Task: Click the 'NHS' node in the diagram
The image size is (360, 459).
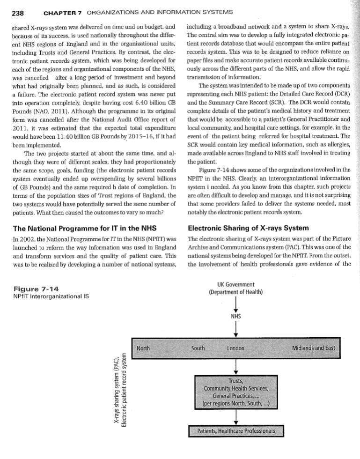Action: [x=236, y=316]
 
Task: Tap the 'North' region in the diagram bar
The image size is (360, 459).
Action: [x=144, y=348]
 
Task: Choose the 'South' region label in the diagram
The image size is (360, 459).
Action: [x=200, y=348]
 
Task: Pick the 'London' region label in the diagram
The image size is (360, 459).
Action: [x=236, y=348]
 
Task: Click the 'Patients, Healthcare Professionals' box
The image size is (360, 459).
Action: [x=236, y=431]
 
